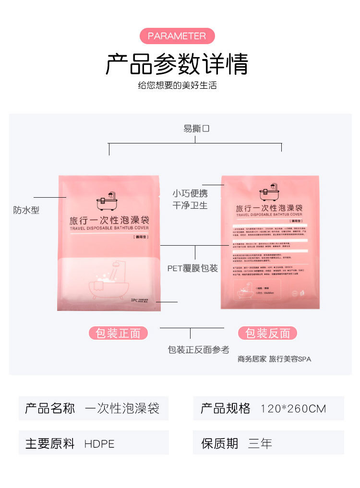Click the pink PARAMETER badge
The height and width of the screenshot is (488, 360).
tap(177, 36)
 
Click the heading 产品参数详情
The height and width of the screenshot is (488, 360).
tap(177, 64)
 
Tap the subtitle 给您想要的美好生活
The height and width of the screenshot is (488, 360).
tap(177, 85)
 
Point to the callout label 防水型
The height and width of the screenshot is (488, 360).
tap(26, 210)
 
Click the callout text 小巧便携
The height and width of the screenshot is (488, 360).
tap(190, 193)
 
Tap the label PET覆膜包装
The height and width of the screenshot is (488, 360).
tap(192, 268)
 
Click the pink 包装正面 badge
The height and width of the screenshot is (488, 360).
tap(118, 333)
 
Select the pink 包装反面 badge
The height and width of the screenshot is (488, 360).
tap(268, 333)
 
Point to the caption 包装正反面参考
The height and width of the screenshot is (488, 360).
tap(198, 350)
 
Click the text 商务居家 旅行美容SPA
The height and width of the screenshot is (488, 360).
tap(274, 359)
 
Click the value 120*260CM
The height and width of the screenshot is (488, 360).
tap(293, 409)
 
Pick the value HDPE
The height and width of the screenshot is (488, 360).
tap(99, 444)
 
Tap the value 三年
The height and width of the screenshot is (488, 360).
tap(260, 443)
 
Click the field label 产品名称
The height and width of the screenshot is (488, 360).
tap(50, 409)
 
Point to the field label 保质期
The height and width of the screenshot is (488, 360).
tap(219, 443)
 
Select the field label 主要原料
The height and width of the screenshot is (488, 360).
tap(50, 444)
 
